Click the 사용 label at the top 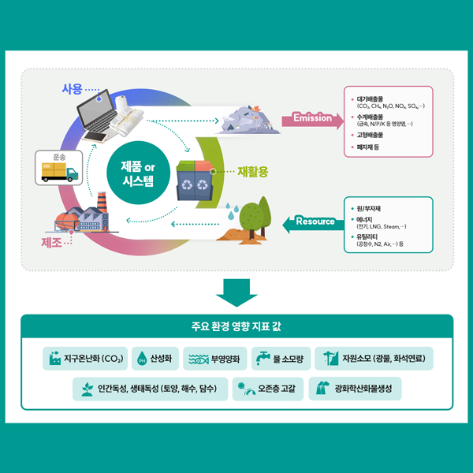click(73, 88)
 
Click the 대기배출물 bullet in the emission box click(375, 99)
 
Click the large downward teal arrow click(236, 292)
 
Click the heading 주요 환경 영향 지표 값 click(236, 325)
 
